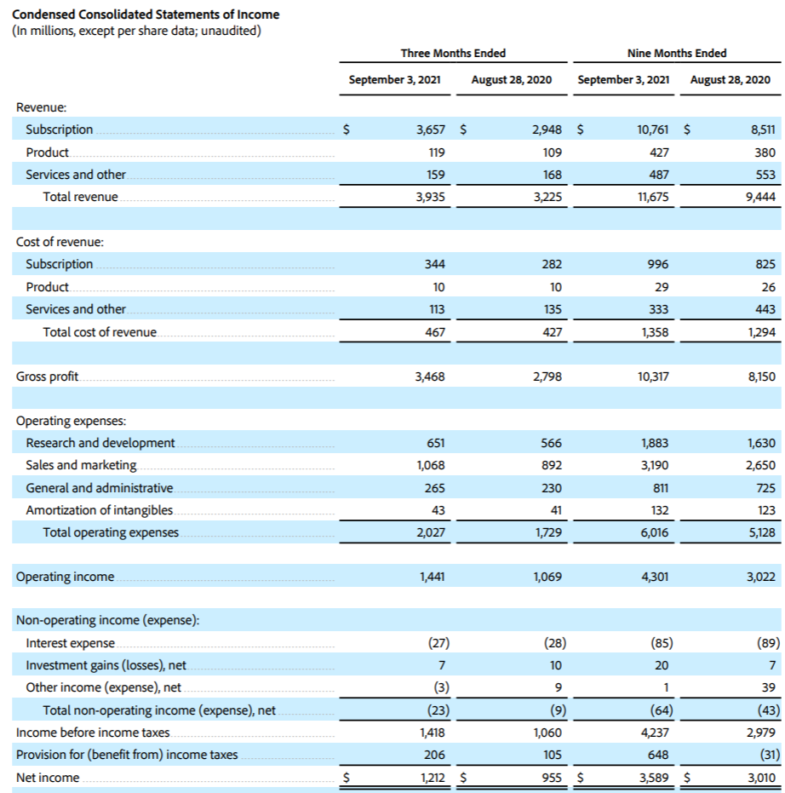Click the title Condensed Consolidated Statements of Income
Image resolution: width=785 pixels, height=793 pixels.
coord(146,14)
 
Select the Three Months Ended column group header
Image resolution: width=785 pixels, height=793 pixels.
coord(453,53)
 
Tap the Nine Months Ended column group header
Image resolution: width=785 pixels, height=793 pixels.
coord(676,53)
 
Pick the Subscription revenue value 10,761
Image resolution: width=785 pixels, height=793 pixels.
coord(653,129)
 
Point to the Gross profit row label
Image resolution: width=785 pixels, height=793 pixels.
coord(48,376)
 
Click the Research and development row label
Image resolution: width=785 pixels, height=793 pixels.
coord(100,443)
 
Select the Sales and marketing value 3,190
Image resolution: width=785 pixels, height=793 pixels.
coord(653,465)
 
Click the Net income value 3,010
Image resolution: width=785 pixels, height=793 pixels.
coord(761,777)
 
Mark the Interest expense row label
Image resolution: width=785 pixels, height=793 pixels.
coord(71,643)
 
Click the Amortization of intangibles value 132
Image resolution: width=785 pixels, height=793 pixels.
coord(658,510)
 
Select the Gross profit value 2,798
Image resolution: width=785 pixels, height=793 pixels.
coord(547,376)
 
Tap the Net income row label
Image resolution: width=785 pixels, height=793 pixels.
coord(48,777)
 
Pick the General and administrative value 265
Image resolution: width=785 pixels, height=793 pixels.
coord(433,488)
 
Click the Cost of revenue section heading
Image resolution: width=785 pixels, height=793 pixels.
coord(60,242)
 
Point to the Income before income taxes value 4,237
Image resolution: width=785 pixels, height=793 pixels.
coord(653,733)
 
